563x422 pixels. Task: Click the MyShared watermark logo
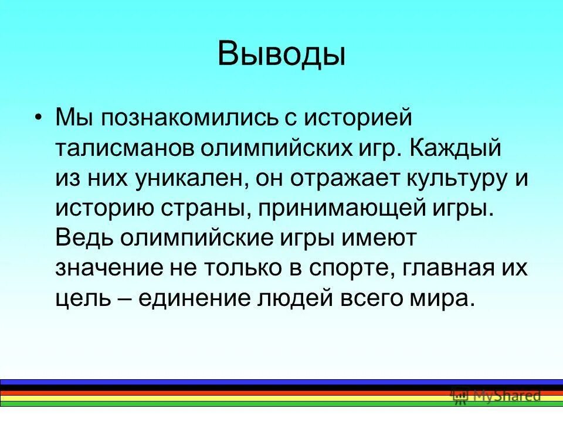[x=496, y=396]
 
